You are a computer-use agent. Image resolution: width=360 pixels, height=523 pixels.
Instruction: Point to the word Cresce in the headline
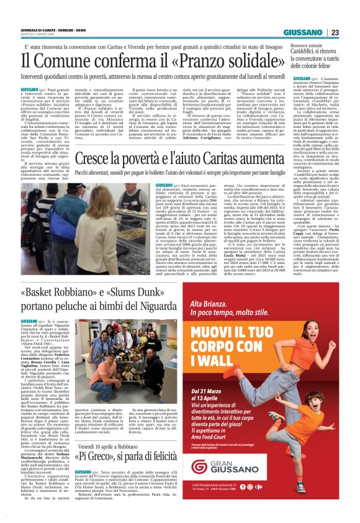tap(93, 161)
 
